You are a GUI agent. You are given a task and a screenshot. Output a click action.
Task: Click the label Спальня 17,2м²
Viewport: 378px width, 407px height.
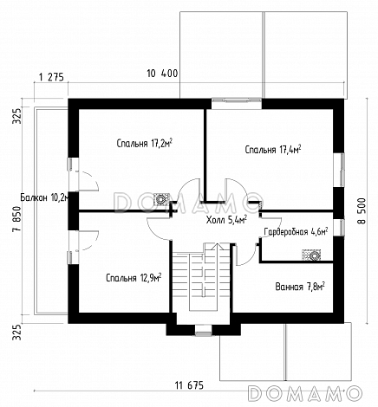[x=145, y=143]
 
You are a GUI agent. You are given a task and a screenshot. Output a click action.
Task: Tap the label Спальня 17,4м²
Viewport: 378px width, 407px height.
[x=273, y=150]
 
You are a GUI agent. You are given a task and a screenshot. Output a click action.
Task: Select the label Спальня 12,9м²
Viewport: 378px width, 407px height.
[x=134, y=278]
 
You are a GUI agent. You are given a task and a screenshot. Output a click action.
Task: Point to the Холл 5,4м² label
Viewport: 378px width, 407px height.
[x=226, y=220]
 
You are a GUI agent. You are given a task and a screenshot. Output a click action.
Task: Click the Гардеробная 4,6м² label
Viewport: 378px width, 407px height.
[x=296, y=231]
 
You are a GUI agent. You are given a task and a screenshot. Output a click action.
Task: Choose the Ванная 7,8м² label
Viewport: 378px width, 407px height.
[x=300, y=287]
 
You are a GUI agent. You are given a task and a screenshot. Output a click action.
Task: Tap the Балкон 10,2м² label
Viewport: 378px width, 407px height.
[x=45, y=197]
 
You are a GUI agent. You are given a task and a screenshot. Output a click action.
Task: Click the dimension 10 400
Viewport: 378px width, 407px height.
[x=162, y=74]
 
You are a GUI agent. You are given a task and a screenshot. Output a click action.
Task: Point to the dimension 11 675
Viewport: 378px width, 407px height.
[x=189, y=385]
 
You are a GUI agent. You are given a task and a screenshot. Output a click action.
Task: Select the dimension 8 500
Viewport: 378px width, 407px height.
[x=362, y=210]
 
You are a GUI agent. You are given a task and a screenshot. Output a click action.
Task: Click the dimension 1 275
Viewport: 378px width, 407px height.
[x=51, y=77]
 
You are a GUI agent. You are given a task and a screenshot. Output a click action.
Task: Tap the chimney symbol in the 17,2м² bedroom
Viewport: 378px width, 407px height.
[x=160, y=199]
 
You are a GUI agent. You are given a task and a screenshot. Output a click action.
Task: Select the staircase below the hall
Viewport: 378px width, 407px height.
[x=201, y=278]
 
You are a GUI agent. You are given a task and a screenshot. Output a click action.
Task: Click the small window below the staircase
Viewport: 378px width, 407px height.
[x=204, y=330]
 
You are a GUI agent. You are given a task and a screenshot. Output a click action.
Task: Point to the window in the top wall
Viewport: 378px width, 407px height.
[x=237, y=104]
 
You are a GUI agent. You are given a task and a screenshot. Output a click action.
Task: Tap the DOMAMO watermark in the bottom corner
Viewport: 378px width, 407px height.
[x=305, y=393]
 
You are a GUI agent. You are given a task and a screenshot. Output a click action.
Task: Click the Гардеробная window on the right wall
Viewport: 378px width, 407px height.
[x=339, y=228]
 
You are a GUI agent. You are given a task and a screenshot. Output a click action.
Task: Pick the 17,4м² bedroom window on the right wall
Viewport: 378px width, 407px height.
[x=339, y=170]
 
